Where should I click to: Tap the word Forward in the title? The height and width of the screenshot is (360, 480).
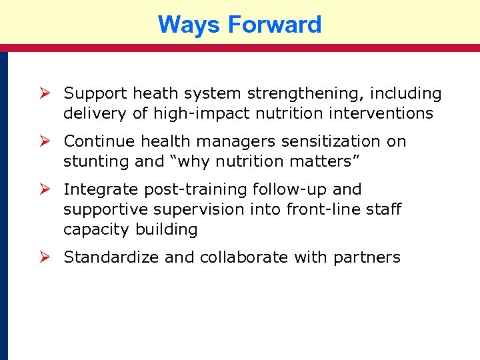click(x=274, y=25)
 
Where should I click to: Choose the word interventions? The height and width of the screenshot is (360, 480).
click(x=377, y=114)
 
